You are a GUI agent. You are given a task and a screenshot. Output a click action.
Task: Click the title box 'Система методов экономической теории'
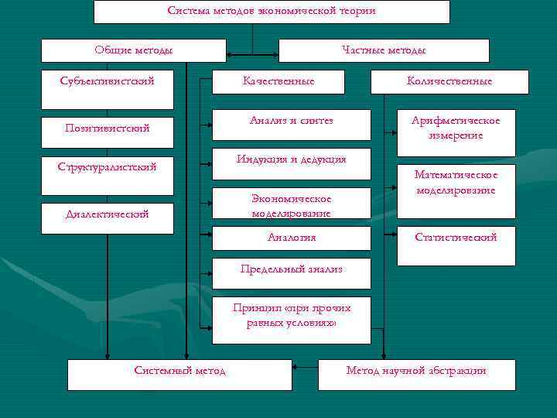(x=272, y=12)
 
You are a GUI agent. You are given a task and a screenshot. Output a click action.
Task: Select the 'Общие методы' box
(x=133, y=51)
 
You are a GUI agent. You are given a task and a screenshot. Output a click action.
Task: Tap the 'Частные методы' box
(x=384, y=51)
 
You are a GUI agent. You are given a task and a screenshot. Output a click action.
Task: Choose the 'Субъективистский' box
(x=108, y=81)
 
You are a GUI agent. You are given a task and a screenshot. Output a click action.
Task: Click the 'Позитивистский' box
(x=108, y=128)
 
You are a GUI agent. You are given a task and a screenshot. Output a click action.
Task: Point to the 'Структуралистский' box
(x=108, y=167)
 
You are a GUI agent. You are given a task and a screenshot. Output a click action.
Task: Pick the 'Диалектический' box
(x=108, y=214)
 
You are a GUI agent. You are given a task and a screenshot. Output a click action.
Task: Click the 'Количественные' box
(x=450, y=81)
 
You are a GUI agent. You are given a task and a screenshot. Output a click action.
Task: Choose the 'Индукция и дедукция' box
(x=292, y=160)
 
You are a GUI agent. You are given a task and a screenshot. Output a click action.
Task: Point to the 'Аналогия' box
(x=292, y=238)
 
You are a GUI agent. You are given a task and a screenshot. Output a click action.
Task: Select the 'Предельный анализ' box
(x=292, y=269)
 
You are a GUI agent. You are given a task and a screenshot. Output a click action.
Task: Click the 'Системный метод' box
(x=179, y=374)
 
